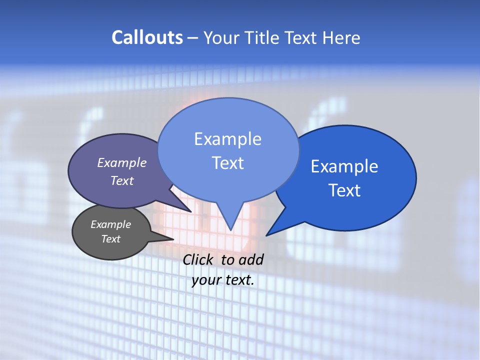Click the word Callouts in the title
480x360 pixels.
click(x=147, y=37)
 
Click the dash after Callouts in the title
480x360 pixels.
click(x=193, y=38)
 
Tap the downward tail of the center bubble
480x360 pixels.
click(x=230, y=227)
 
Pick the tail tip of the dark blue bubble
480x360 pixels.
click(x=268, y=234)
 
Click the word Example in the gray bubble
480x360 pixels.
click(x=110, y=224)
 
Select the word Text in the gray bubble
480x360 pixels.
click(x=110, y=239)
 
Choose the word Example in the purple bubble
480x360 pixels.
click(x=121, y=162)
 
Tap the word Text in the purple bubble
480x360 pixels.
click(x=121, y=180)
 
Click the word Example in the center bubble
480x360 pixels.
click(x=227, y=138)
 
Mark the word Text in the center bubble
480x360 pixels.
click(x=227, y=163)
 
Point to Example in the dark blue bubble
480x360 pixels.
click(x=344, y=166)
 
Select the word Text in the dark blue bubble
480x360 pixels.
click(x=344, y=190)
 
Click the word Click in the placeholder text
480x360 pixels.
click(x=198, y=259)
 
